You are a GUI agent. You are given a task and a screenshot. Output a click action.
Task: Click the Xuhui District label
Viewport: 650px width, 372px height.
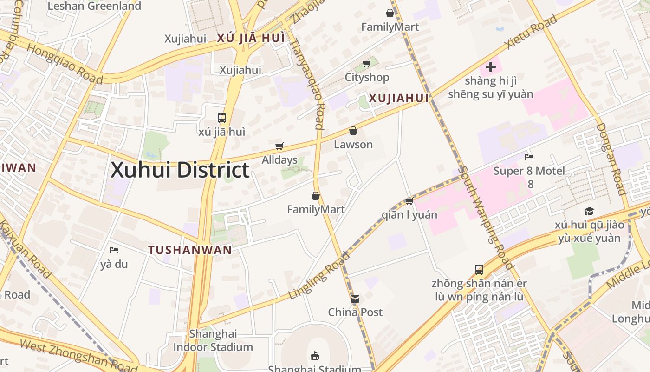[x=180, y=170]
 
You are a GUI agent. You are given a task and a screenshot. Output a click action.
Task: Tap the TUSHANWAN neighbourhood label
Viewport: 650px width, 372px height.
[x=190, y=250]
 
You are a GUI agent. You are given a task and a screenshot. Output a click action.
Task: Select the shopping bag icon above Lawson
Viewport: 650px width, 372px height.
[x=353, y=131]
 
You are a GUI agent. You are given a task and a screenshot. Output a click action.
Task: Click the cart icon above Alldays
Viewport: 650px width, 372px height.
[x=279, y=146]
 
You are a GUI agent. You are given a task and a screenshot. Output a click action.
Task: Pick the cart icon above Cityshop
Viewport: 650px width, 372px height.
[x=366, y=64]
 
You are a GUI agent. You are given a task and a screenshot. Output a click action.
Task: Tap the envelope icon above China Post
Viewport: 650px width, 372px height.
[x=355, y=299]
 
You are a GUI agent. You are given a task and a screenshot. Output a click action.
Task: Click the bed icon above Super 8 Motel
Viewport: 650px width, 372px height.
[x=529, y=157]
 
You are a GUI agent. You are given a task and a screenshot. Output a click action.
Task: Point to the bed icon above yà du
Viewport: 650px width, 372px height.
[x=114, y=250]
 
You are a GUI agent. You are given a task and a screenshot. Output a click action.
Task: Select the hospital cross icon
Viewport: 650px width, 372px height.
[x=490, y=67]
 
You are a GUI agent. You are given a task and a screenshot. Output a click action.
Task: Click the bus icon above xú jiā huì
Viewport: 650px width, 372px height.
[x=222, y=118]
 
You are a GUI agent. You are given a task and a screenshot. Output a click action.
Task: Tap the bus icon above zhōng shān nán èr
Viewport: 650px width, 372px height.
[x=479, y=270]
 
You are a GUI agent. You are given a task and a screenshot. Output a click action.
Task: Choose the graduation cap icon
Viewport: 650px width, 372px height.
[x=589, y=212]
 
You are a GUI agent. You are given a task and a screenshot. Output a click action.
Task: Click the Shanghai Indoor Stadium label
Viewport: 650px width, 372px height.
[x=213, y=340]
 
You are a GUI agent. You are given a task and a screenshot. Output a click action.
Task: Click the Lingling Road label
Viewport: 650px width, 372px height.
[x=318, y=275]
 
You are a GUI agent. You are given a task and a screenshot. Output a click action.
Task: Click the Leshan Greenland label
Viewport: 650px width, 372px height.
[x=94, y=6]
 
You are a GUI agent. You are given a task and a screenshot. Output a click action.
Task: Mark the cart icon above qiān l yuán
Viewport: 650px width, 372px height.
[x=409, y=201]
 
